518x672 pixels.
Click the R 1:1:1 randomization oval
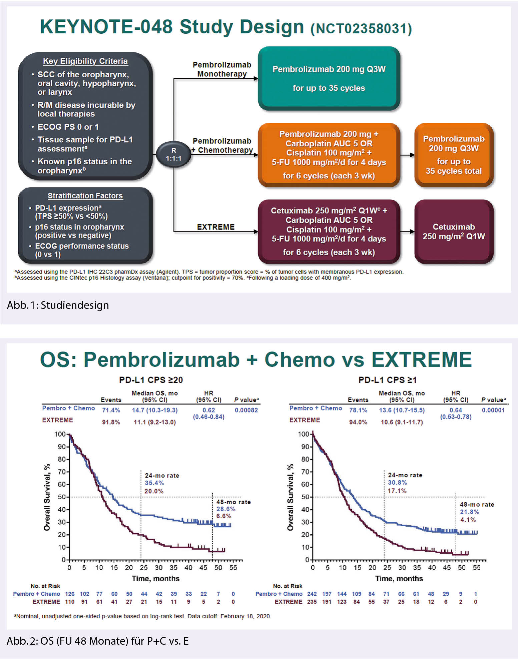click(x=173, y=154)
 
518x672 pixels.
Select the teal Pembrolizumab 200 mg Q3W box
click(x=329, y=78)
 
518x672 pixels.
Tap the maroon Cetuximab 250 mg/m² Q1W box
click(x=454, y=231)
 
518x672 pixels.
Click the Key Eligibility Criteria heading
click(x=85, y=61)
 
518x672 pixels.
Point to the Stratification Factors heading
click(x=85, y=196)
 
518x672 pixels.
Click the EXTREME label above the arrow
click(x=216, y=227)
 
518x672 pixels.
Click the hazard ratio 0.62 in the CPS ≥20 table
click(x=209, y=410)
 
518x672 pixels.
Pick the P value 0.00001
click(x=493, y=410)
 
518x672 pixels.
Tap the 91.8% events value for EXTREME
click(x=111, y=422)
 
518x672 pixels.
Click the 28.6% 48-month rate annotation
click(x=226, y=509)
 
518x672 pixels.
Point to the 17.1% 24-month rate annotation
click(x=397, y=491)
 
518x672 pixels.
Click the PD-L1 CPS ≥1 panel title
click(x=387, y=380)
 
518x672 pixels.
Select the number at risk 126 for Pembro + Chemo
click(x=70, y=594)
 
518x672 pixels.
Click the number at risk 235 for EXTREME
click(x=312, y=602)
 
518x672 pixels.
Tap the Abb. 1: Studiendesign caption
click(x=58, y=305)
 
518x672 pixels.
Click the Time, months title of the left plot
click(x=155, y=578)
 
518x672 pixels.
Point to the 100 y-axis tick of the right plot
click(x=304, y=434)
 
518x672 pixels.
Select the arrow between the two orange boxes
click(x=407, y=155)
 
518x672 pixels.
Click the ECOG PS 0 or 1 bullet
click(x=68, y=127)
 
